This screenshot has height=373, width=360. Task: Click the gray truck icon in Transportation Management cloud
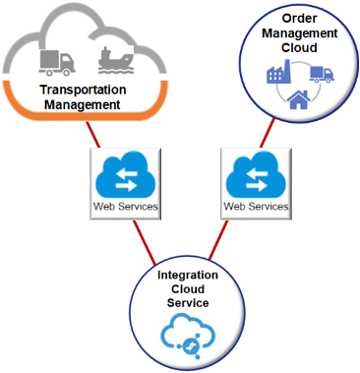[x=57, y=61]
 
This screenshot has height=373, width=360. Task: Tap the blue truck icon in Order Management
[x=322, y=75]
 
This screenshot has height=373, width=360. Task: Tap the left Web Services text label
[x=125, y=207]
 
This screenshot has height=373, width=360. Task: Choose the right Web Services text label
[x=256, y=207]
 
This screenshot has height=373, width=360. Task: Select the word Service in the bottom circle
[x=195, y=302]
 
